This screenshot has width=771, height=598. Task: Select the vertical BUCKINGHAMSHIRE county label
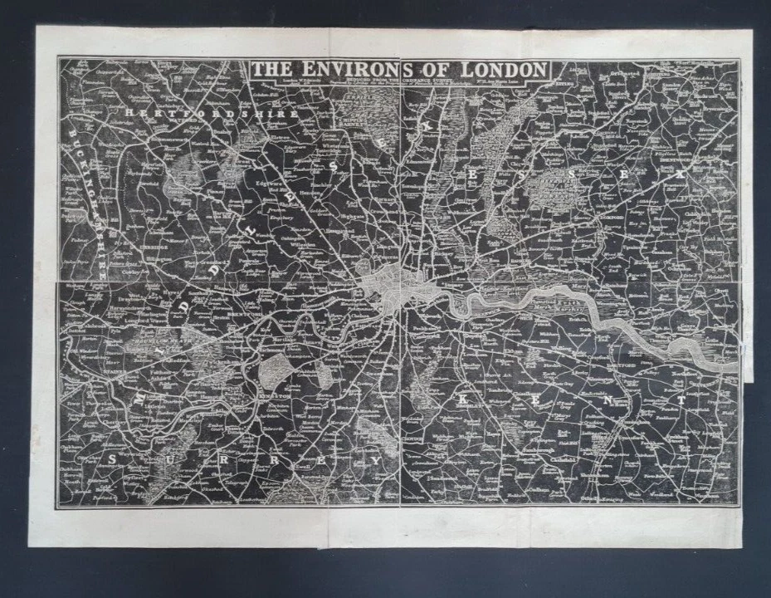pos(88,200)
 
